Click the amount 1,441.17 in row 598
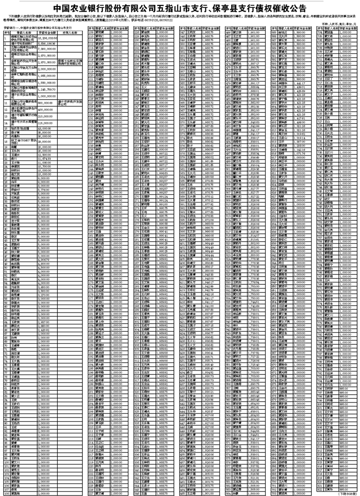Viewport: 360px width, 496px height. point(292,82)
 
